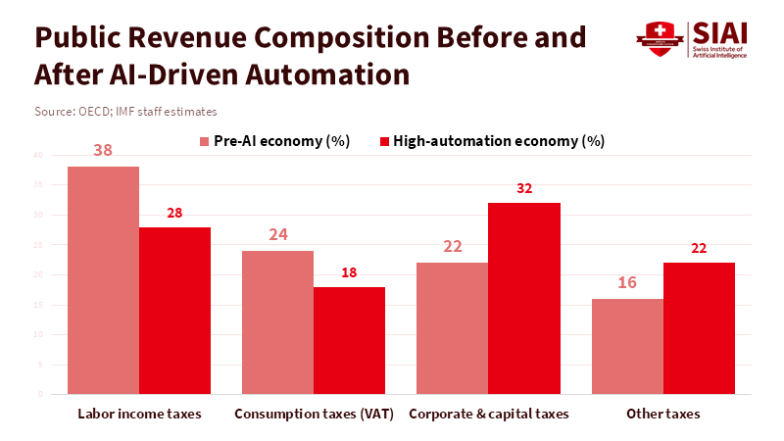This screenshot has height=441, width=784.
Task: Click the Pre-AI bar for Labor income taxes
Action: click(103, 280)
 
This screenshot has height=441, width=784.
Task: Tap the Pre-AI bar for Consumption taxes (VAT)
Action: click(277, 322)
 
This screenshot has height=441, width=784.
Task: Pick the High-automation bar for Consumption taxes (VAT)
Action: click(349, 340)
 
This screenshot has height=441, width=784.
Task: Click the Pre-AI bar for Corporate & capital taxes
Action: click(452, 328)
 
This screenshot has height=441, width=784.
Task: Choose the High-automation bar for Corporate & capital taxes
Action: click(523, 299)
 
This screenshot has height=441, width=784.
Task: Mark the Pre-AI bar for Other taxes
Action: click(627, 346)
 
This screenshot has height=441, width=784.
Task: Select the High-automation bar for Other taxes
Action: click(699, 328)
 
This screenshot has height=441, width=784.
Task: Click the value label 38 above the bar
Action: click(103, 150)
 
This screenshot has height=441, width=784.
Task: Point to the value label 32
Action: click(523, 187)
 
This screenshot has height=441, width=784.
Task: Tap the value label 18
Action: click(349, 271)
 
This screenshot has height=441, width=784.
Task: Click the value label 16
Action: click(627, 283)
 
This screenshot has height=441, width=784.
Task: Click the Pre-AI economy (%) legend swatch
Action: click(205, 141)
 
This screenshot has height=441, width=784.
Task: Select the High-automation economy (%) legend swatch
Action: click(384, 141)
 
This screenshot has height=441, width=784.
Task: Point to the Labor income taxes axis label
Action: click(139, 414)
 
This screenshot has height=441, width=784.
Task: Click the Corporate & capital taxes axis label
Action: click(488, 414)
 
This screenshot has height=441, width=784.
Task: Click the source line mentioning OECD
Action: click(125, 112)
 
